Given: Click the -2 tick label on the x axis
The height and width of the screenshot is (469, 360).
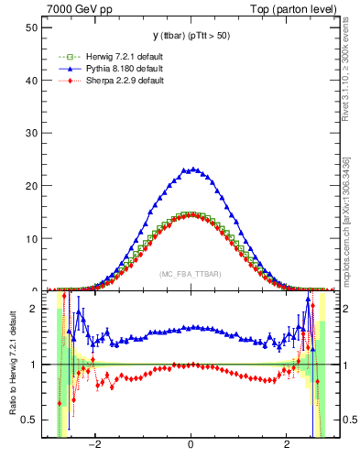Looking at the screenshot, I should coord(93,446).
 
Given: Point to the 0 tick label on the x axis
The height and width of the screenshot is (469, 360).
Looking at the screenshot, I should coord(191,446).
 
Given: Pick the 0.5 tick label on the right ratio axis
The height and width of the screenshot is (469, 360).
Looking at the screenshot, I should coord(346,420).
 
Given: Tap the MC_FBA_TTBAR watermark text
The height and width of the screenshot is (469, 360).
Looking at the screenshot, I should coord(191,274).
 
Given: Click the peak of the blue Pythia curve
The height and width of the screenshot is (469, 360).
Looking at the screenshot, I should coord(191,169).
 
